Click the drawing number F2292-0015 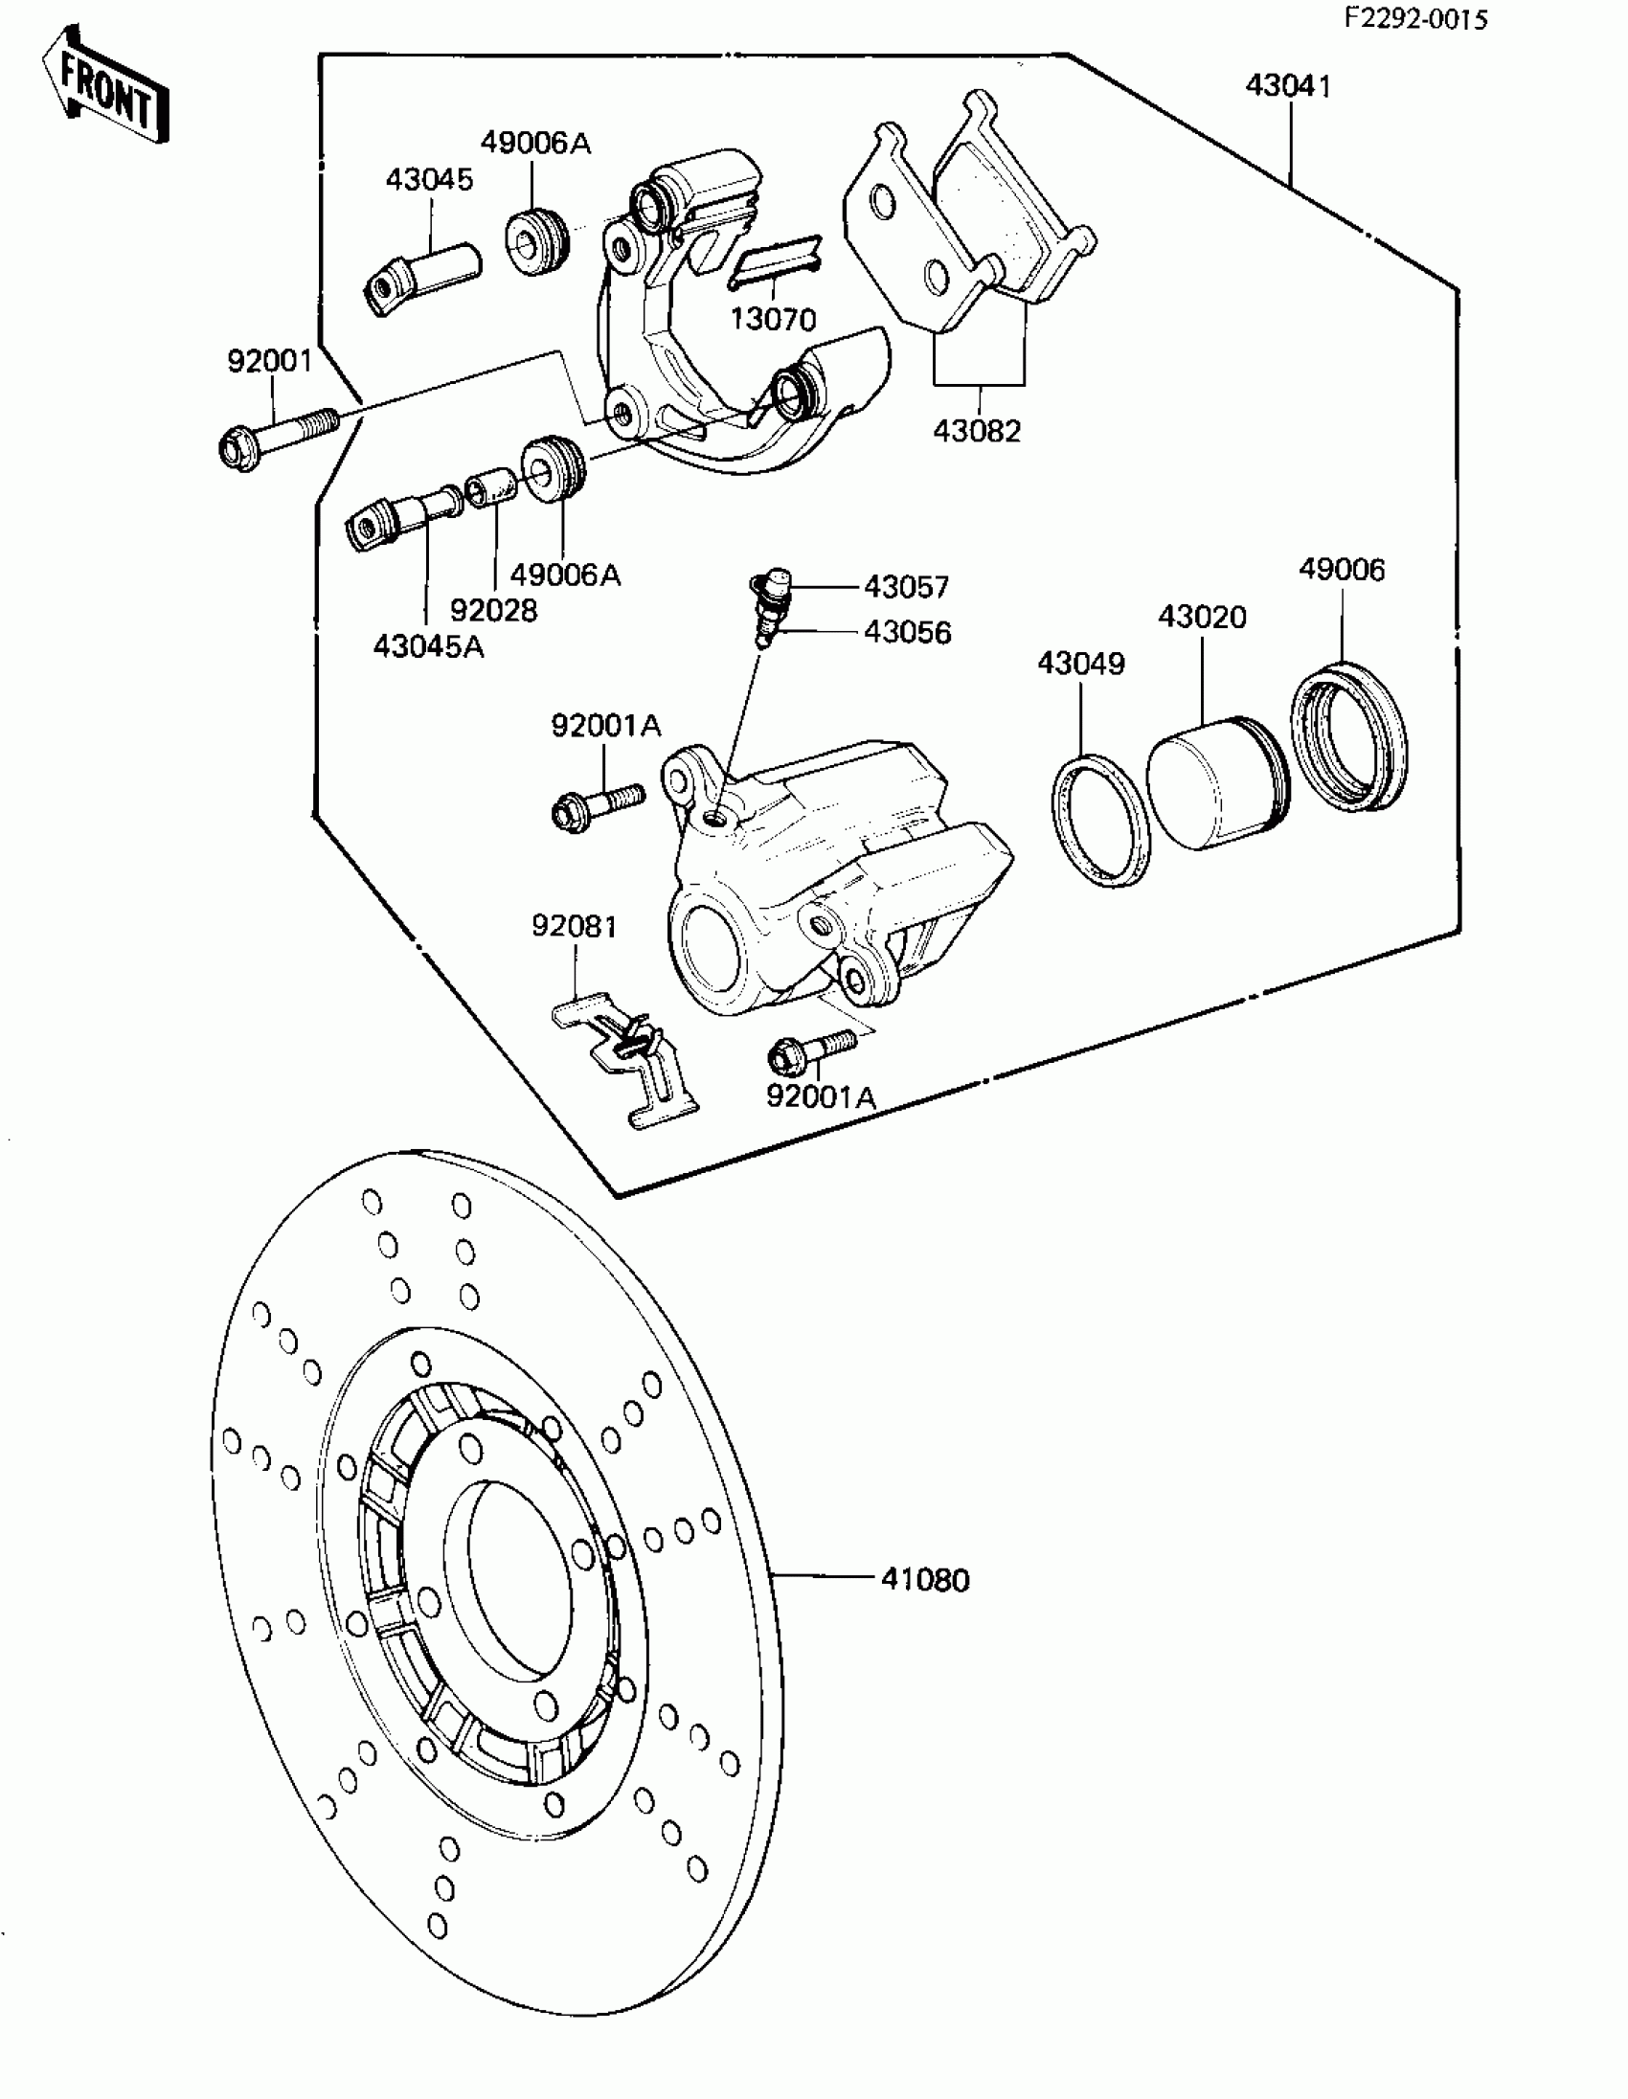pyautogui.click(x=1414, y=19)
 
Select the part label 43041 pyautogui.click(x=1288, y=86)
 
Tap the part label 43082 pyautogui.click(x=977, y=432)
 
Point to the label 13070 pyautogui.click(x=773, y=319)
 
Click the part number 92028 pyautogui.click(x=494, y=610)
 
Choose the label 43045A pyautogui.click(x=429, y=646)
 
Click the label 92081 pyautogui.click(x=575, y=927)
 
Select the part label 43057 pyautogui.click(x=906, y=586)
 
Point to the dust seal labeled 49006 pyautogui.click(x=1348, y=735)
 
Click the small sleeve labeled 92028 pyautogui.click(x=491, y=489)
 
